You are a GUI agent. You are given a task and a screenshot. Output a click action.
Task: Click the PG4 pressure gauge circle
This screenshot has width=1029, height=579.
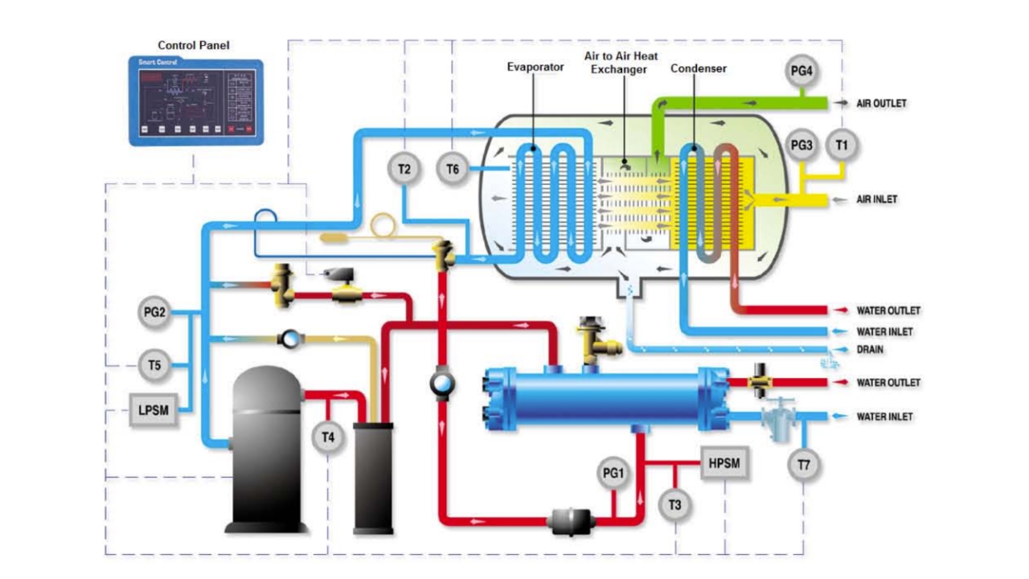click(801, 72)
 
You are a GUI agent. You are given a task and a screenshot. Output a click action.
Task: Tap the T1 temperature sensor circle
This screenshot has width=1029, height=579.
click(842, 146)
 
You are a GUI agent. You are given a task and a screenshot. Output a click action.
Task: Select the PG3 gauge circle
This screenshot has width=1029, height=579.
click(801, 146)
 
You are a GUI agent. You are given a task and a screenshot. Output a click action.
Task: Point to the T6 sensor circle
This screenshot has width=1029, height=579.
click(453, 169)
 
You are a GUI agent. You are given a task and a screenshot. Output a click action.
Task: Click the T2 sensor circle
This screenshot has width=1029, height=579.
click(404, 169)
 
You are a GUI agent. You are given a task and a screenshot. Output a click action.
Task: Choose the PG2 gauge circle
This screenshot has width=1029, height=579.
click(154, 313)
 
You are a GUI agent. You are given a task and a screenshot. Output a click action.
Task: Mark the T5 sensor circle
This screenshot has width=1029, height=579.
click(154, 366)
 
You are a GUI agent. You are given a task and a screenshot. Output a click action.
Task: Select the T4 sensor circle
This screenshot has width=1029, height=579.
click(328, 438)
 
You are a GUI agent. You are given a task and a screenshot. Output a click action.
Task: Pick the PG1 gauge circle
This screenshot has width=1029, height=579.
click(613, 474)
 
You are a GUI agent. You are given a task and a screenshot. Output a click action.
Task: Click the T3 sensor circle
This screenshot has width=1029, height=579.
click(674, 504)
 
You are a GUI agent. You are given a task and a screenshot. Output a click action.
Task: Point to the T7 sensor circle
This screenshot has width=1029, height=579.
click(804, 466)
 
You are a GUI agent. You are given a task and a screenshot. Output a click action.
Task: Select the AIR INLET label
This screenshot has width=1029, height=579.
click(877, 199)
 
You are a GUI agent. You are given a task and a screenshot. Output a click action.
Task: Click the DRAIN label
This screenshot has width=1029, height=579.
click(870, 351)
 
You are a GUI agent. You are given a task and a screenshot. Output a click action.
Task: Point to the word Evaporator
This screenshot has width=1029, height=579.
click(535, 68)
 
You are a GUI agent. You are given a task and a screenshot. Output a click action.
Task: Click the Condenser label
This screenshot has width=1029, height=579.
click(699, 68)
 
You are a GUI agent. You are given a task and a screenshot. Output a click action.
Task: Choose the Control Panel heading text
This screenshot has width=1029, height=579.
click(193, 46)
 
